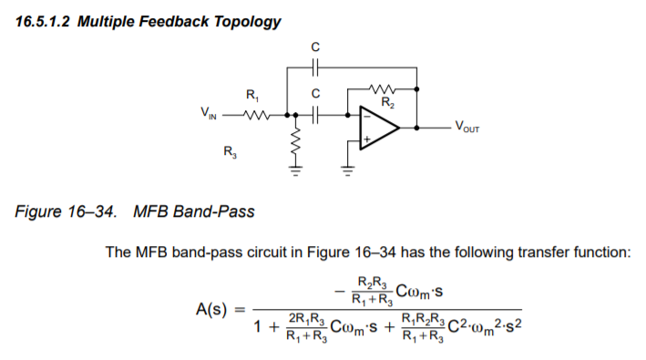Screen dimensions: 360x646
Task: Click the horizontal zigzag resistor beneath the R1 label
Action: pyautogui.click(x=257, y=116)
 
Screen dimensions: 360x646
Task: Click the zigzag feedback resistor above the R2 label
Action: pyautogui.click(x=377, y=88)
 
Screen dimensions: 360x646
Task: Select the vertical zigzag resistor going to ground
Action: pyautogui.click(x=294, y=143)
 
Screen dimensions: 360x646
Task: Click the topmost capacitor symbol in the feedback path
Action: pyautogui.click(x=315, y=66)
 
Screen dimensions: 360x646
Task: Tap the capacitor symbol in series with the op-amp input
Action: pyautogui.click(x=315, y=116)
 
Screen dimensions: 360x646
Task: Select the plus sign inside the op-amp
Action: pyautogui.click(x=367, y=140)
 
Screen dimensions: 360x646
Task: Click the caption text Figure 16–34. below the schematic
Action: pyautogui.click(x=66, y=212)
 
